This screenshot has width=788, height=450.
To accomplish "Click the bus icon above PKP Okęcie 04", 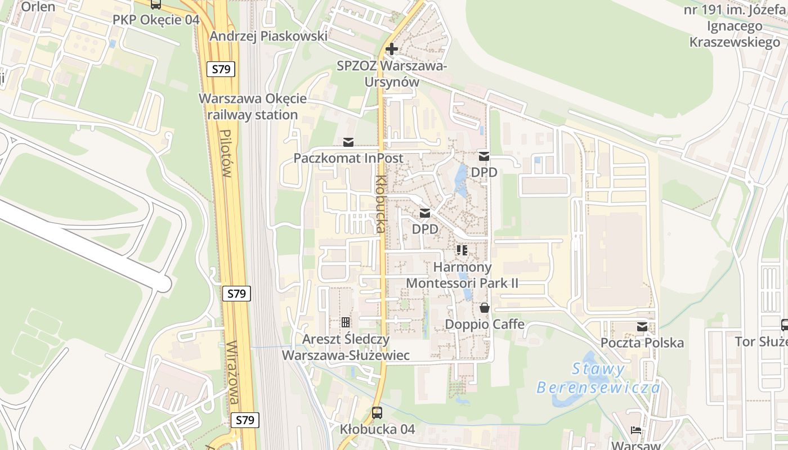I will coord(156,4).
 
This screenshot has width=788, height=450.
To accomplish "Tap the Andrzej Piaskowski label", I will coord(268,36).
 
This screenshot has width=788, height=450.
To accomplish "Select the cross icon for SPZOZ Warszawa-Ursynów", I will coord(392,49).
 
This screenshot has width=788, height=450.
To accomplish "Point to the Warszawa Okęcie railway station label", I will coord(253,107).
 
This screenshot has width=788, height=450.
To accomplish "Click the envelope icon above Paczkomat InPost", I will coord(348,141).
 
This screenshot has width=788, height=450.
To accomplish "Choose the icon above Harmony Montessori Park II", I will coord(462,250).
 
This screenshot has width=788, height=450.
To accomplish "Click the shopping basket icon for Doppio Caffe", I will coord(484,308).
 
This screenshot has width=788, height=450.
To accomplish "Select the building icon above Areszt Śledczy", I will coord(345,322).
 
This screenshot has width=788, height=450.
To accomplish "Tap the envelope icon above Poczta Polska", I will coord(642,326).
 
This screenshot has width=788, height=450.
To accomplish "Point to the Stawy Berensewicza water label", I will coord(598,379).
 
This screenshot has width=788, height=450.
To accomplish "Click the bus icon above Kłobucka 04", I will coord(377,412).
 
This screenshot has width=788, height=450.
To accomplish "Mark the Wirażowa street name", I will coord(235,373).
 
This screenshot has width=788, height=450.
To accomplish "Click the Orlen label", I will coord(38,7).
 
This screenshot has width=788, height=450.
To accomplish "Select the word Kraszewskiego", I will coord(735,42).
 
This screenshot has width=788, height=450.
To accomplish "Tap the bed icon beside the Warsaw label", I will coord(636,430).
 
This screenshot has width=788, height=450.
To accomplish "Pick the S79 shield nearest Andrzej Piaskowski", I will coord(223,69).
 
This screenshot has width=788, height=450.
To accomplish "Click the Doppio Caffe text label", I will coord(485,325).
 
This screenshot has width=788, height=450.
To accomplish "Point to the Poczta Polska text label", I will coord(642,343).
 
